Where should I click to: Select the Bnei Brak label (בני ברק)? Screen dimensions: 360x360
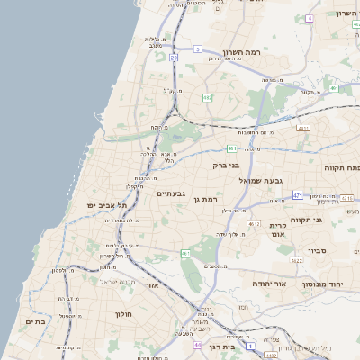pos(226,165)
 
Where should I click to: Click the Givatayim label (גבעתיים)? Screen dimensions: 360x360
pos(171,193)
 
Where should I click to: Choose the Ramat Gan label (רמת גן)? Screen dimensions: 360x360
pos(206,198)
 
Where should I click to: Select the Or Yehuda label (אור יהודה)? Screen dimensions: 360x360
pos(268,283)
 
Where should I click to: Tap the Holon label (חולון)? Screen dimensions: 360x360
pos(124,314)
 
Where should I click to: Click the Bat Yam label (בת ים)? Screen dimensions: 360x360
pos(35,321)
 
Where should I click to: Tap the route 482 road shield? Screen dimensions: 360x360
pos(208,96)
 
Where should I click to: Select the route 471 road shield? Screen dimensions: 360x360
pos(298,194)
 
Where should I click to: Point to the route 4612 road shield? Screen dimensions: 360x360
pos(254,223)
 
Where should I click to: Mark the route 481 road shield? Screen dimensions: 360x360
pos(334,88)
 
